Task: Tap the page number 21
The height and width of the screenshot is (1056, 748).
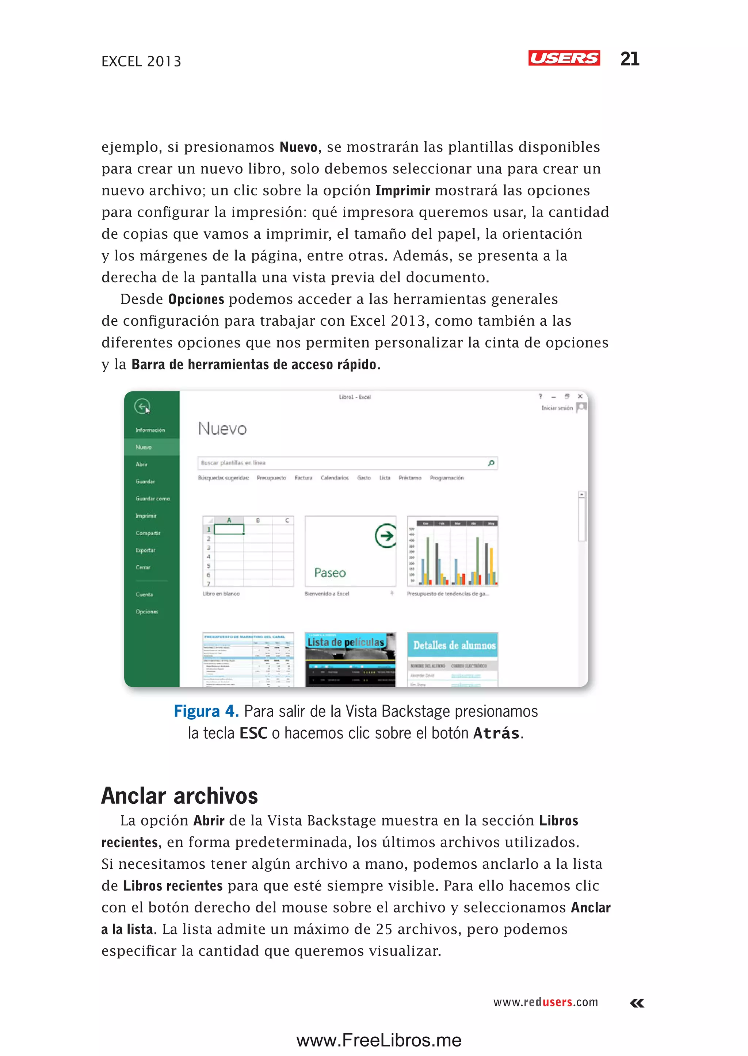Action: (629, 59)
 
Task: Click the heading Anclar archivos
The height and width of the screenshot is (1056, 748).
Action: (179, 796)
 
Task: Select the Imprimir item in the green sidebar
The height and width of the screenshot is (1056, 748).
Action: (146, 516)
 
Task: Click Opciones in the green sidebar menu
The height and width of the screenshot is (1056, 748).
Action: (146, 612)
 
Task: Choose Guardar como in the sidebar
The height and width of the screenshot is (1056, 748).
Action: (152, 499)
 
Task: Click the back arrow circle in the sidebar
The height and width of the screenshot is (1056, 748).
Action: (142, 406)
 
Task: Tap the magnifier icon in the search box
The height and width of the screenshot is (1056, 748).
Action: (491, 463)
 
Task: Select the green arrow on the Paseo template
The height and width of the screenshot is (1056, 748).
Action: (385, 536)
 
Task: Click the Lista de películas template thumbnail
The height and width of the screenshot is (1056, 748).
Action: (350, 659)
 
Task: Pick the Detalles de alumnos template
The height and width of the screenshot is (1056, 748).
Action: (452, 659)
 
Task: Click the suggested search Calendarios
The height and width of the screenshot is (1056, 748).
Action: (335, 478)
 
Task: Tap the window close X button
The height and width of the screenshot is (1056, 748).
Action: (580, 396)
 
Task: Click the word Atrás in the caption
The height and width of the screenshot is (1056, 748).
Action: (496, 733)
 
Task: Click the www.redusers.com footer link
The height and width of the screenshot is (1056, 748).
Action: (545, 1002)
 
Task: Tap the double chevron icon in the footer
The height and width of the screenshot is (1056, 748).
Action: (637, 1003)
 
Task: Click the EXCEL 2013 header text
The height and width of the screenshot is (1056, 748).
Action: (141, 61)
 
